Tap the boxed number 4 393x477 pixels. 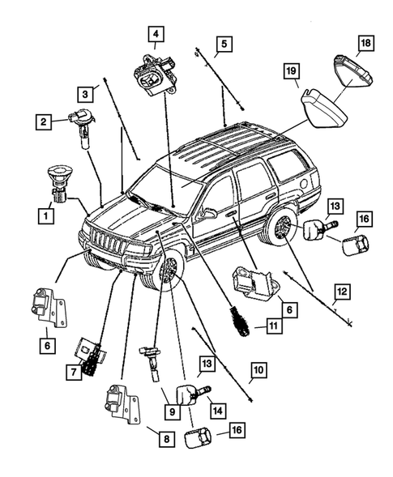tap(154, 34)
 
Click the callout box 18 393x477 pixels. tap(365, 42)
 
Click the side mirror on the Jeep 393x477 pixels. tap(207, 215)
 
